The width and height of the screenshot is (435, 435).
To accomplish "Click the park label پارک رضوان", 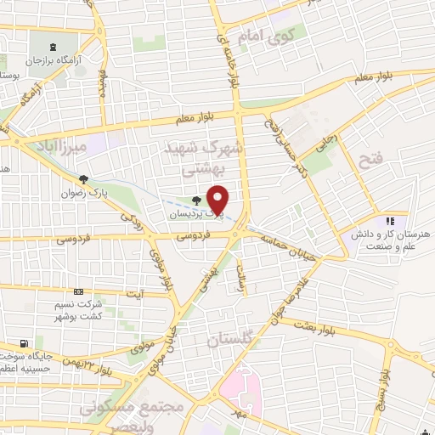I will point(83,193).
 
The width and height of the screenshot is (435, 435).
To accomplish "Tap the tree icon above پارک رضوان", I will point(83,179).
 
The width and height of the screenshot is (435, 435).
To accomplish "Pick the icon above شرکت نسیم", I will point(78,292).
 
